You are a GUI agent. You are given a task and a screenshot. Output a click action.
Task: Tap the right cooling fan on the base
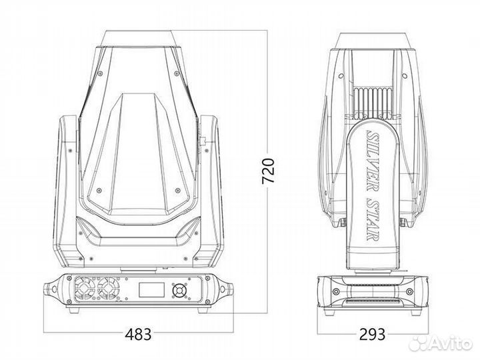(x=110, y=289)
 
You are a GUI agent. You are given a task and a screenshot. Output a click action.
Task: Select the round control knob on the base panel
(x=179, y=290)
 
